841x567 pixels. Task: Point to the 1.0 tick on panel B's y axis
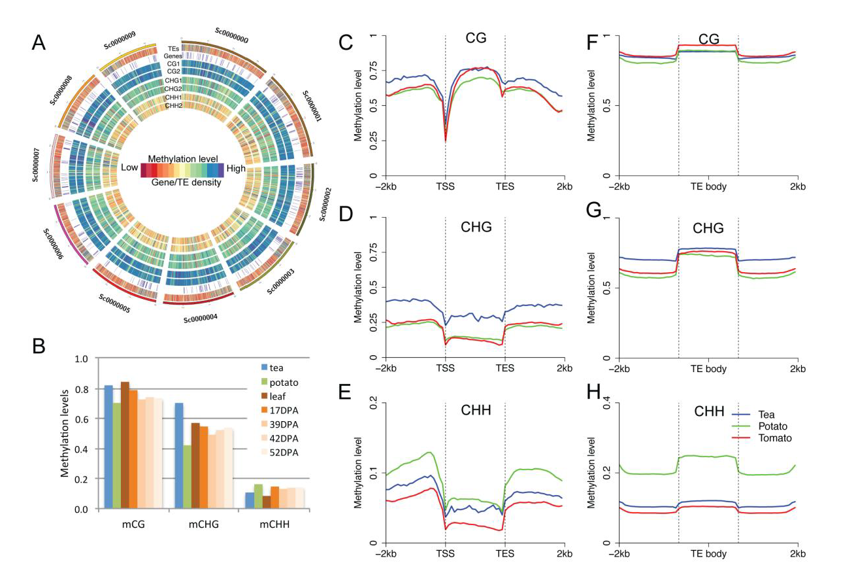(81, 359)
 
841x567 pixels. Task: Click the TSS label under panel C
(445, 186)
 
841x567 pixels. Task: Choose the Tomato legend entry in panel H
(774, 438)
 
